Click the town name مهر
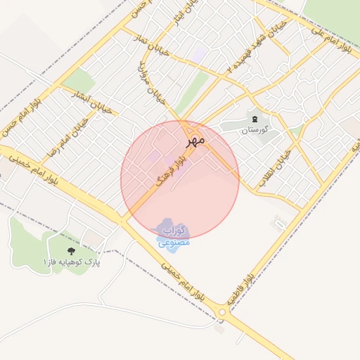[195, 140]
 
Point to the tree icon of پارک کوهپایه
[70, 250]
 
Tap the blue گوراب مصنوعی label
[174, 236]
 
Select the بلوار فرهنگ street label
[171, 171]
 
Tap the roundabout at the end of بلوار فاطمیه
[223, 312]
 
